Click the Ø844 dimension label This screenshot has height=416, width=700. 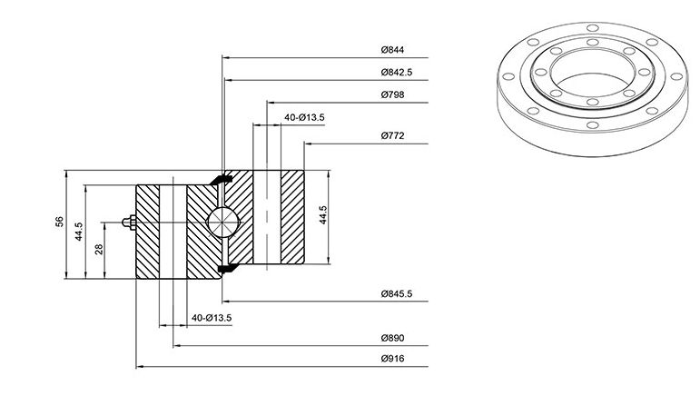(392, 50)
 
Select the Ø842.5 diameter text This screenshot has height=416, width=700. (397, 72)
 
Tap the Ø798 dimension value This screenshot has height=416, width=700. (392, 94)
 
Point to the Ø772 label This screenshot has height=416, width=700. (392, 135)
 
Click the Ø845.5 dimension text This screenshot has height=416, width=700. (397, 293)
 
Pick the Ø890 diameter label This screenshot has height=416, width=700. (392, 338)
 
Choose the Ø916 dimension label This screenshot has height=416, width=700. (392, 359)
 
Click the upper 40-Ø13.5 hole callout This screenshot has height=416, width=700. (304, 117)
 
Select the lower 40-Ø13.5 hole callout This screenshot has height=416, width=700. (212, 318)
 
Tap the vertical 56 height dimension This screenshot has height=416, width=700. (59, 222)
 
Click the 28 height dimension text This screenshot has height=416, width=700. (99, 249)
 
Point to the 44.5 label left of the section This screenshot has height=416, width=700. (79, 232)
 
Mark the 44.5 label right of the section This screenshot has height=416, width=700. (323, 215)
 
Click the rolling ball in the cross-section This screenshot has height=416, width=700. (222, 222)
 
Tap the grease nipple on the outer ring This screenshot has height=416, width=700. (129, 222)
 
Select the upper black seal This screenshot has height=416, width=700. (222, 178)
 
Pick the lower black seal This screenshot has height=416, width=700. (228, 268)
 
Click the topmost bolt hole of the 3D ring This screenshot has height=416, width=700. (592, 28)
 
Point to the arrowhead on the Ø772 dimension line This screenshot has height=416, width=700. (308, 144)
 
